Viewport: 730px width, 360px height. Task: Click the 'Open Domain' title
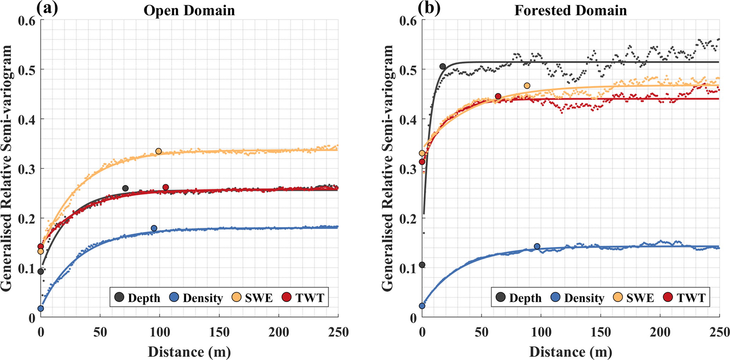coord(189,11)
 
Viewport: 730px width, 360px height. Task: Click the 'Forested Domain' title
coord(570,11)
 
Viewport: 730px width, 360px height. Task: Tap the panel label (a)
coord(47,8)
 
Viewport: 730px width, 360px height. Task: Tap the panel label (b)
coord(429,8)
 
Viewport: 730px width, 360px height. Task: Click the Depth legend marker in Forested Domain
coord(501,297)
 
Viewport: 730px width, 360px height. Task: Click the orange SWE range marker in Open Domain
coord(159,151)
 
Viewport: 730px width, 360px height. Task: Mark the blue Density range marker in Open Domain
coord(154,228)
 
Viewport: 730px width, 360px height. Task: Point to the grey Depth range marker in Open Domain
coord(125,188)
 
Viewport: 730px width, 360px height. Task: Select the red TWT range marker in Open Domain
coord(166,187)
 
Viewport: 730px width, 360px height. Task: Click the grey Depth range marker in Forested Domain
coord(442,66)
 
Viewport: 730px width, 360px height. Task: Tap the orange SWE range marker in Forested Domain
coord(527,85)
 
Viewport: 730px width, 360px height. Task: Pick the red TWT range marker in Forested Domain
coord(498,96)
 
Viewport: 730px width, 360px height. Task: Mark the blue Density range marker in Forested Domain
coord(537,246)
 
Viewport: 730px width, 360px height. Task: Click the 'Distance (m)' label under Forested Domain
coord(570,352)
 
